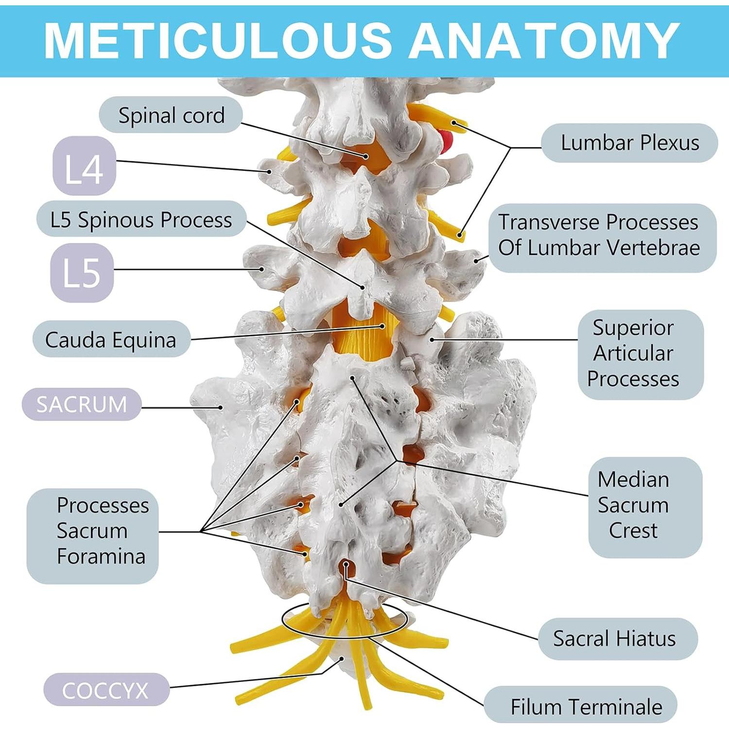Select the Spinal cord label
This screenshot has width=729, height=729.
tap(171, 116)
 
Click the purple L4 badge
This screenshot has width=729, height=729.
tap(84, 167)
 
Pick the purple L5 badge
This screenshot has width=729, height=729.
tap(82, 272)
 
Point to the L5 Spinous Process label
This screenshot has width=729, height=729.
tap(141, 220)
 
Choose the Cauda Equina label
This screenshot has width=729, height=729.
tap(111, 340)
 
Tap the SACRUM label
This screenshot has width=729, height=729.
tap(82, 404)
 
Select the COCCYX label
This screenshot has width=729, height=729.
tap(105, 690)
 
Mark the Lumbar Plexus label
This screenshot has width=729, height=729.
tap(629, 143)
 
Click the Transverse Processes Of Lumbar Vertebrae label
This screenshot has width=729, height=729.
tap(602, 235)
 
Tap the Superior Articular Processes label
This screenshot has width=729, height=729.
tap(633, 353)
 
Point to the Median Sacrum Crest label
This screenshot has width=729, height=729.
tap(633, 505)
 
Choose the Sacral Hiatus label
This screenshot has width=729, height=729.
tap(614, 639)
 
